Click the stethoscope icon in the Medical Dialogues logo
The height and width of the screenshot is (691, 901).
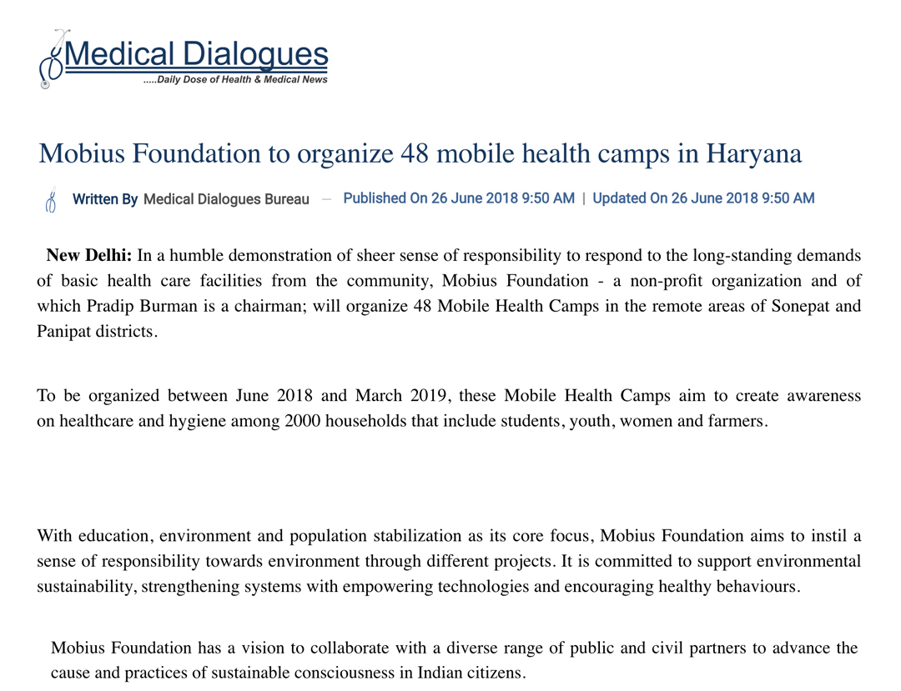[52, 58]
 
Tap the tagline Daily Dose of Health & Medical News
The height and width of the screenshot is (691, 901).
[236, 80]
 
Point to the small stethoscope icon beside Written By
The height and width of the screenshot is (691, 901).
[50, 199]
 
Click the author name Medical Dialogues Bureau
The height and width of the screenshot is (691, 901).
[226, 199]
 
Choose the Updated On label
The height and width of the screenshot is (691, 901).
[630, 198]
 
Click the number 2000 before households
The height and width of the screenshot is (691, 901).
[302, 421]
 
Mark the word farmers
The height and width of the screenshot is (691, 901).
[737, 421]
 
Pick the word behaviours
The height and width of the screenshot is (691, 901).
[758, 586]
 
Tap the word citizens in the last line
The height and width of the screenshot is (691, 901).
[495, 672]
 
